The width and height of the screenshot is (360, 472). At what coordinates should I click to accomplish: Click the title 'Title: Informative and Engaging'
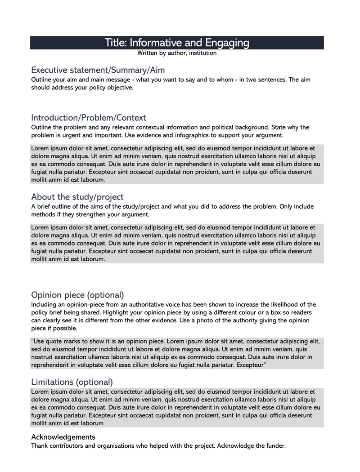[177, 43]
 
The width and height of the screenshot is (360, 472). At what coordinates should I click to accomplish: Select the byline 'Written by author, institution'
[177, 53]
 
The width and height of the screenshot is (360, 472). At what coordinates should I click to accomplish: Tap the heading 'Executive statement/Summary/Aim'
[98, 70]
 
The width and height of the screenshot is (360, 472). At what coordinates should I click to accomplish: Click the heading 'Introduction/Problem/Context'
[89, 118]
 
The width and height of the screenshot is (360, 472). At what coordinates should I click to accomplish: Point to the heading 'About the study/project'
[77, 197]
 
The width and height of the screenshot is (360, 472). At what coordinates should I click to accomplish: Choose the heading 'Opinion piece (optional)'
[77, 295]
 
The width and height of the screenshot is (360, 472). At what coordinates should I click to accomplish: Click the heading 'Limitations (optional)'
[72, 382]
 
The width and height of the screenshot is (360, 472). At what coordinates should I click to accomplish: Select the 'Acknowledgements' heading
[63, 437]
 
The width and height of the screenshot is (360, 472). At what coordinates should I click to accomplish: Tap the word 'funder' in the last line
[274, 446]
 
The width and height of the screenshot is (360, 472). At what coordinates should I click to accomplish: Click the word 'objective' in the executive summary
[118, 88]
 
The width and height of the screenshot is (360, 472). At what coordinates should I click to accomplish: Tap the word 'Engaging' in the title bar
[227, 43]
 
